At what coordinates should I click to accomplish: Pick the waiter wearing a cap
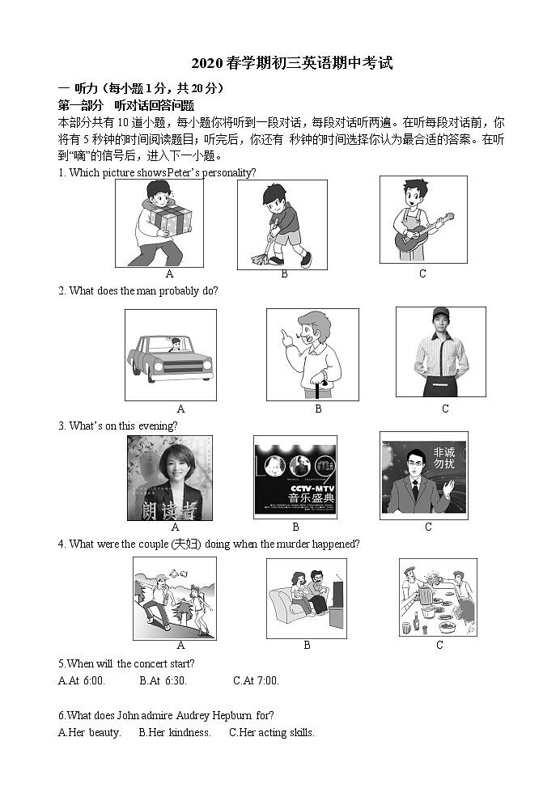[440, 351]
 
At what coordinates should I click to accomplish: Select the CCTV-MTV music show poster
[295, 477]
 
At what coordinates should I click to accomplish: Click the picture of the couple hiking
[173, 599]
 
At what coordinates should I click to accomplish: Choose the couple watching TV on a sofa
[306, 598]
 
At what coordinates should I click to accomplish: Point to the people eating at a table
[437, 598]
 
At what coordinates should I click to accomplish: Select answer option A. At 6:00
[82, 680]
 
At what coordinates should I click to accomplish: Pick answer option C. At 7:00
[256, 680]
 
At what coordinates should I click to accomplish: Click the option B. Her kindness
[175, 733]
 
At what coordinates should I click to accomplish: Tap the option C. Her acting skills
[272, 733]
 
